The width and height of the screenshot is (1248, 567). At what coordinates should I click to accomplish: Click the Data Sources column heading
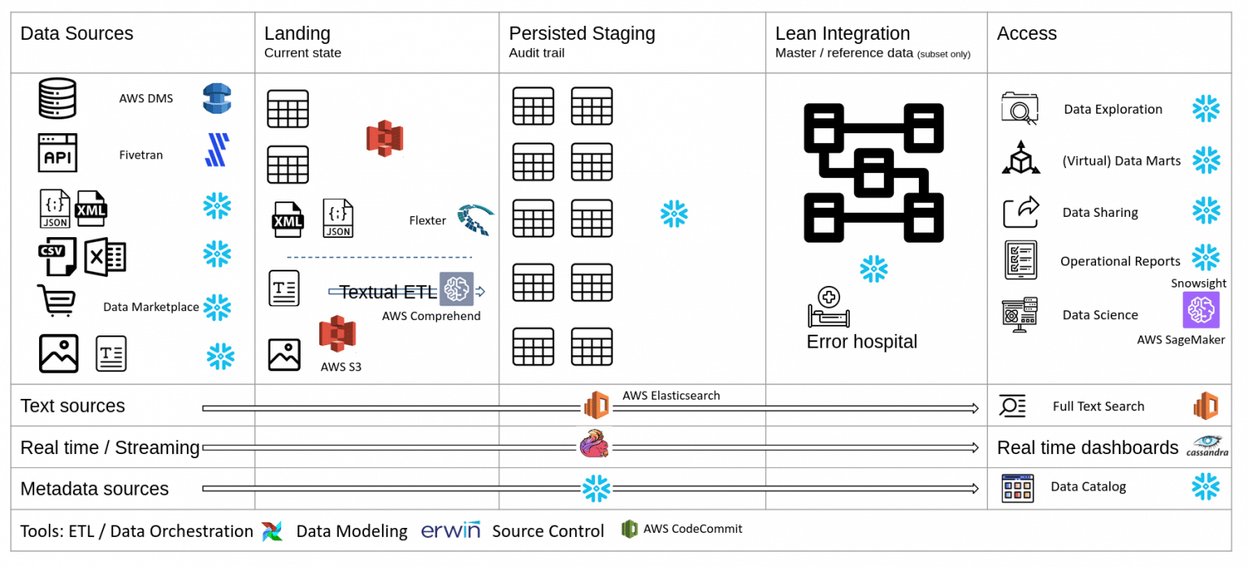(x=76, y=34)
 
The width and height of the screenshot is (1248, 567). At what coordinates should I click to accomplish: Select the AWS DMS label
(x=146, y=98)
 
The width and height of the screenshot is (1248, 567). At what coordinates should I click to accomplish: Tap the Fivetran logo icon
(x=217, y=150)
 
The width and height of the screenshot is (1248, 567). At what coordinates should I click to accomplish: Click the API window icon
(x=58, y=153)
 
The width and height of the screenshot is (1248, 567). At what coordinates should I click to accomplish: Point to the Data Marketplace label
(x=151, y=307)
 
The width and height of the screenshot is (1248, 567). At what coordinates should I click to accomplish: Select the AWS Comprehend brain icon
(x=457, y=288)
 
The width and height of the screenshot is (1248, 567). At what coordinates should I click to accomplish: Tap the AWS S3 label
(x=341, y=366)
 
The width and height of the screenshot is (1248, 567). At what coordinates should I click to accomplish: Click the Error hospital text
(x=861, y=342)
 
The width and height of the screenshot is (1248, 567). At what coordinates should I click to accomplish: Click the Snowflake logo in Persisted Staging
(x=674, y=214)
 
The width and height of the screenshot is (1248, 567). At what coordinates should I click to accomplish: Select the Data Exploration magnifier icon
(x=1020, y=109)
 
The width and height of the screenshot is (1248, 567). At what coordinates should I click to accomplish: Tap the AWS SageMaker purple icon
(x=1201, y=310)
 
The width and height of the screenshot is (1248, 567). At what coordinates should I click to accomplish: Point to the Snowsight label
(x=1198, y=283)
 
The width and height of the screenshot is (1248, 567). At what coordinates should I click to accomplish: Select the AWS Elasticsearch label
(x=671, y=396)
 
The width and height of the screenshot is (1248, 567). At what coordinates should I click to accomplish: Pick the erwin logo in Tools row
(x=450, y=530)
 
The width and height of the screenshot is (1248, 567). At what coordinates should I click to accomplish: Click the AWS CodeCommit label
(x=693, y=529)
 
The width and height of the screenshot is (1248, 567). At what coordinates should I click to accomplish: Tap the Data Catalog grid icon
(x=1017, y=487)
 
